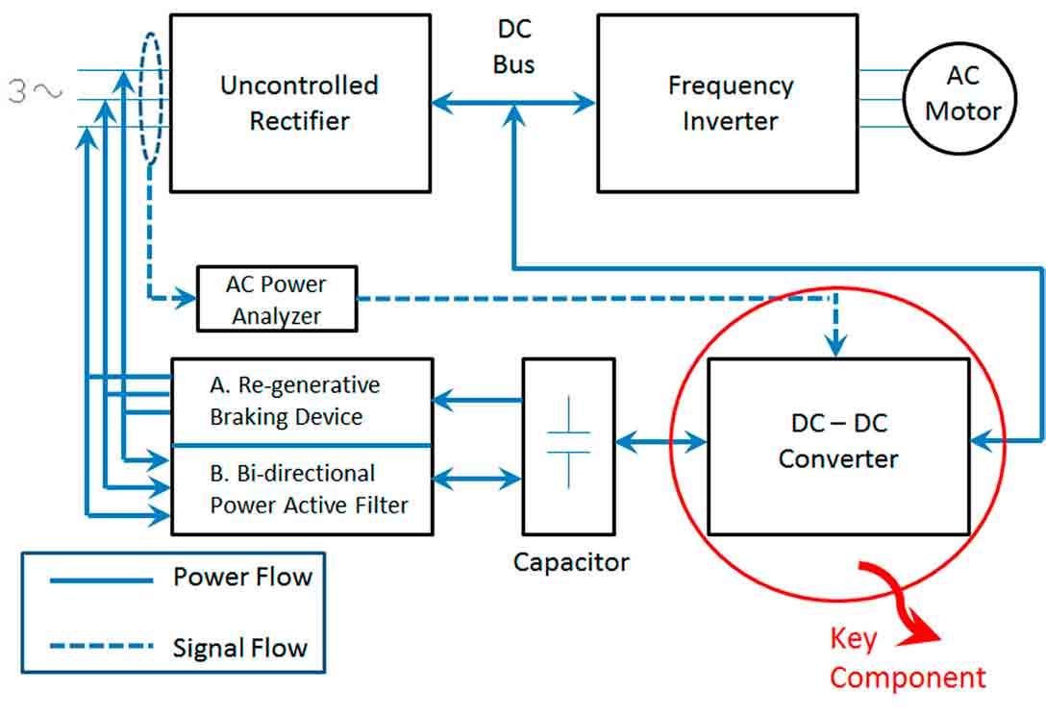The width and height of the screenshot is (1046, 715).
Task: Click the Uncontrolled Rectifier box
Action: pos(300,103)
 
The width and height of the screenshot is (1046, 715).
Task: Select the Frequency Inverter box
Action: pos(727,103)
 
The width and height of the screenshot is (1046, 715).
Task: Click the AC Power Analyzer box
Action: pos(277,300)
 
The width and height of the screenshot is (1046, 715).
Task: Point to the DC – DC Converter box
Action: pos(838,446)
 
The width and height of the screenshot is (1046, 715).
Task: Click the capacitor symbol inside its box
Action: pos(568,443)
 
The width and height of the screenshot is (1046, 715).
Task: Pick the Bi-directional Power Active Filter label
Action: pos(308,489)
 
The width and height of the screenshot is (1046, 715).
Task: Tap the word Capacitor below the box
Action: pos(571,562)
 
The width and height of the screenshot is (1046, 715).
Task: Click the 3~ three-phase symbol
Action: pos(36,92)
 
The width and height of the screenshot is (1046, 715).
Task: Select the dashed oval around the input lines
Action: pos(150,98)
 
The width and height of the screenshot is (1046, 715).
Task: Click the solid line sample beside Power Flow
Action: pos(101,580)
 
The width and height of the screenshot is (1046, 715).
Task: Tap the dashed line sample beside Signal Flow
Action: pos(101,647)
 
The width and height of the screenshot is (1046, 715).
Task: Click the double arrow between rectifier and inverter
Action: pos(514,100)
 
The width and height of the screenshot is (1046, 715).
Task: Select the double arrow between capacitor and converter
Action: pos(661,443)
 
